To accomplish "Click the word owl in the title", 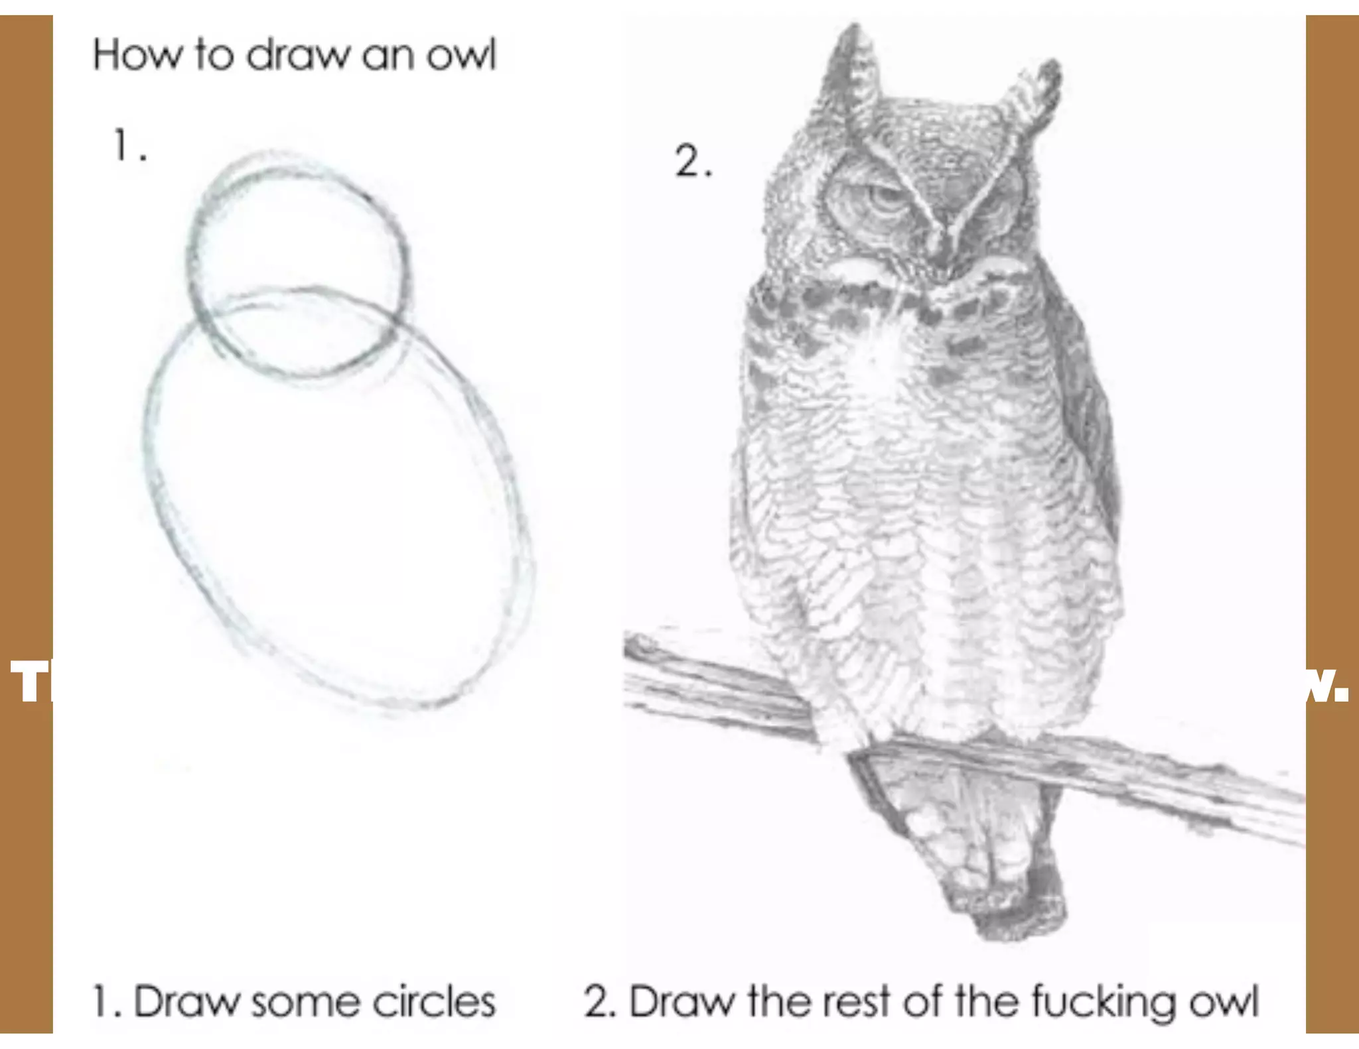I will pos(461,55).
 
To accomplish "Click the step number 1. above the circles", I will pos(128,146).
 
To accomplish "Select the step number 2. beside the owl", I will pos(693,162).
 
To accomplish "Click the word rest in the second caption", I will pos(855,1002).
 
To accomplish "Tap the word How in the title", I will pos(136,55).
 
